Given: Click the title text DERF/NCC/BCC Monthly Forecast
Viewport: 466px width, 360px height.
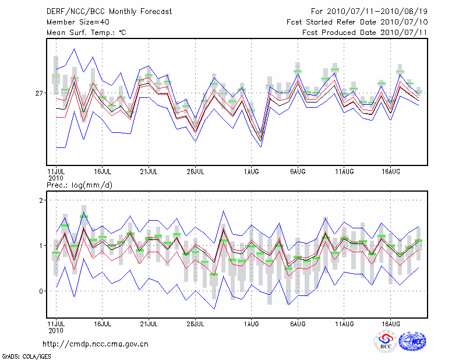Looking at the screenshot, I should tap(109, 11).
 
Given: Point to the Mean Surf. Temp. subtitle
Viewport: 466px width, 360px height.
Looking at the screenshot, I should tap(86, 32).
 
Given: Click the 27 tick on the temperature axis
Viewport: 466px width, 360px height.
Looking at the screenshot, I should tap(39, 93).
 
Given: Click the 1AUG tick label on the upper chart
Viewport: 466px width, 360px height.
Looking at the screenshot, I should tap(252, 171).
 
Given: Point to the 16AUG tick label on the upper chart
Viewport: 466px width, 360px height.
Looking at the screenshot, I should tap(391, 171).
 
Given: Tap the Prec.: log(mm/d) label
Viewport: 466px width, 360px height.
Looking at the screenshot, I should tap(80, 185).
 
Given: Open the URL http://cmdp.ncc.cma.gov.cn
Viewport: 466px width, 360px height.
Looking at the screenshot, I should tap(96, 344).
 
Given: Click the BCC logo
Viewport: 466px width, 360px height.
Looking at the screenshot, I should tap(386, 341).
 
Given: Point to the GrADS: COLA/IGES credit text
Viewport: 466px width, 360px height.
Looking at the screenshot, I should tap(19, 355).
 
